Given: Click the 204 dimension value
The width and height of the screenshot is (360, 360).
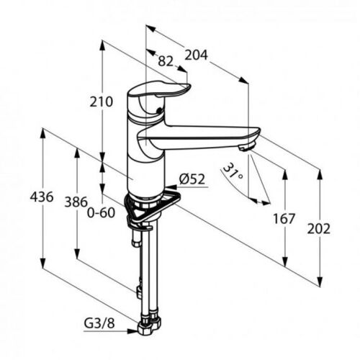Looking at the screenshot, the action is pos(196,55).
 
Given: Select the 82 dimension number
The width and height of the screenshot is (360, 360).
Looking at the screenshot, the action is pos(166,61).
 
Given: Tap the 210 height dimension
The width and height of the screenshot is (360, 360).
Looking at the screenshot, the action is pos(101,102).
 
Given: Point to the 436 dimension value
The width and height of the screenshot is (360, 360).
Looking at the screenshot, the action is pos(42,197).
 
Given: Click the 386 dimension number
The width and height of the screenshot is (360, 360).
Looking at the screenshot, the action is pos(76,202).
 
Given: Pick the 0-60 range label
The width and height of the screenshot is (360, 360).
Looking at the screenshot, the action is pos(101,213).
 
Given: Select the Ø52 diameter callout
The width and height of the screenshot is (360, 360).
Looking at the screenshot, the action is pos(192,179).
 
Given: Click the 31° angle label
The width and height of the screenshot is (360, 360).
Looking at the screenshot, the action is pos(232,171).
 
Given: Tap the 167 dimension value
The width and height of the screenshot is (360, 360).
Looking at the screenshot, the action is pos(284,219).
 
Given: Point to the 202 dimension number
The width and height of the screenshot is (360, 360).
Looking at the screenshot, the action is pos(319,229).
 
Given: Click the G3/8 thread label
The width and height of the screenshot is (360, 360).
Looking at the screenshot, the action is pos(99,323).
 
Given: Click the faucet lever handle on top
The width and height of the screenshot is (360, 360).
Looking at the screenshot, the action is pos(158,90).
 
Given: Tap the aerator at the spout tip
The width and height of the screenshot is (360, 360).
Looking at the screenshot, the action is pos(247,146).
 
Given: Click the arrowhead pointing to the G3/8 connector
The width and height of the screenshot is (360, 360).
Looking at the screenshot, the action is pos(132,331).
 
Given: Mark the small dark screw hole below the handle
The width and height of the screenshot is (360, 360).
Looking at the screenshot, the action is pos(158,111).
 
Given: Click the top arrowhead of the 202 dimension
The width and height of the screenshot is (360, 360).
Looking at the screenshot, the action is pos(320,175).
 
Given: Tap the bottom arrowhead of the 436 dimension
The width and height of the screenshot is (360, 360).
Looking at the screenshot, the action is pos(43,263).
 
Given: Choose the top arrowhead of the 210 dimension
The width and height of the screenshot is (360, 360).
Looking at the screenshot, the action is pos(102,45).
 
